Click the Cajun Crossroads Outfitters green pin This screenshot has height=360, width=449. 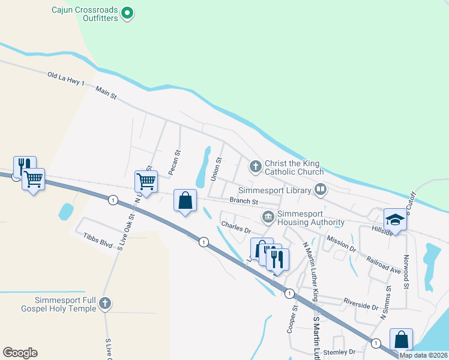pos(127,13)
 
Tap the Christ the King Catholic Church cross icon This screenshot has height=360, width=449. pos(255,166)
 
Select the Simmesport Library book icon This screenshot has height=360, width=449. pos(321,190)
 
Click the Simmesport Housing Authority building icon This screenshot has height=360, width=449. pos(268,215)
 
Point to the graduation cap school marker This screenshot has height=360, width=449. pos(395,220)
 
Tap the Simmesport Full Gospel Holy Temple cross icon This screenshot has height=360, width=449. pos(105,304)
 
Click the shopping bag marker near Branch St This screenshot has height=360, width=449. pos(185,201)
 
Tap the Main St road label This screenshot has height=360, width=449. pos(105,92)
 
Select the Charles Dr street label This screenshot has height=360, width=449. pos(235,227)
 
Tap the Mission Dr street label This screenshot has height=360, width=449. pos(341,243)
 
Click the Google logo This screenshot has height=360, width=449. pos(20,353)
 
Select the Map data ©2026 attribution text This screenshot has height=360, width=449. pos(423,355)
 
